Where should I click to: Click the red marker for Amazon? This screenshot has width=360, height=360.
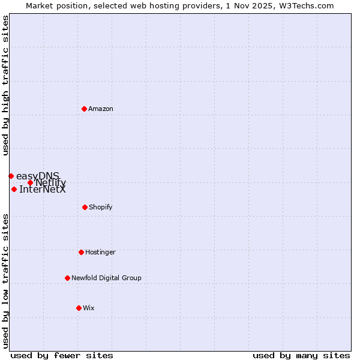point(85,109)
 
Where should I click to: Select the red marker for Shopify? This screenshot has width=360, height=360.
point(85,207)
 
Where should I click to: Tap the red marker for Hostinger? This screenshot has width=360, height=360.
point(81,252)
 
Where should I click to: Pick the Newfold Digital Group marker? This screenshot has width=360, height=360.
point(67,278)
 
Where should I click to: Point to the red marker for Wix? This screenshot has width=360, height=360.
point(79,308)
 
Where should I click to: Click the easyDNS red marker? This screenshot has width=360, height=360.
point(11,176)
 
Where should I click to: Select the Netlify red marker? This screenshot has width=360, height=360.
point(30,182)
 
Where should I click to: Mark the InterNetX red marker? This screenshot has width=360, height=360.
point(14,189)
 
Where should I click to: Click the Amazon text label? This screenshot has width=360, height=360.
point(101,109)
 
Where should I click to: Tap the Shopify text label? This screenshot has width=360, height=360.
point(101,207)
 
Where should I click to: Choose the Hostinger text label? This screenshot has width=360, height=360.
point(100,252)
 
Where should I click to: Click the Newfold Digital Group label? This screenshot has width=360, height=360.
point(106,278)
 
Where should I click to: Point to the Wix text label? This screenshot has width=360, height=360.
point(89,308)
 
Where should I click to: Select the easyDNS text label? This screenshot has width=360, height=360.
point(37,175)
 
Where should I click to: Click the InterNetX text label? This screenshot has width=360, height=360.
point(43,190)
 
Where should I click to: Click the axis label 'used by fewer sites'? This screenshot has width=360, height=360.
point(62,355)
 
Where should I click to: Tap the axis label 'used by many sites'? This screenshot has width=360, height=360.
point(301,355)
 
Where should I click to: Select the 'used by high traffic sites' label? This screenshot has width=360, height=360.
point(6,85)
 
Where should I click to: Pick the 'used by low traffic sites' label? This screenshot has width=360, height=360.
point(6,281)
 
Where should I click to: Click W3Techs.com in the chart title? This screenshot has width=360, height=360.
point(305,5)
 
